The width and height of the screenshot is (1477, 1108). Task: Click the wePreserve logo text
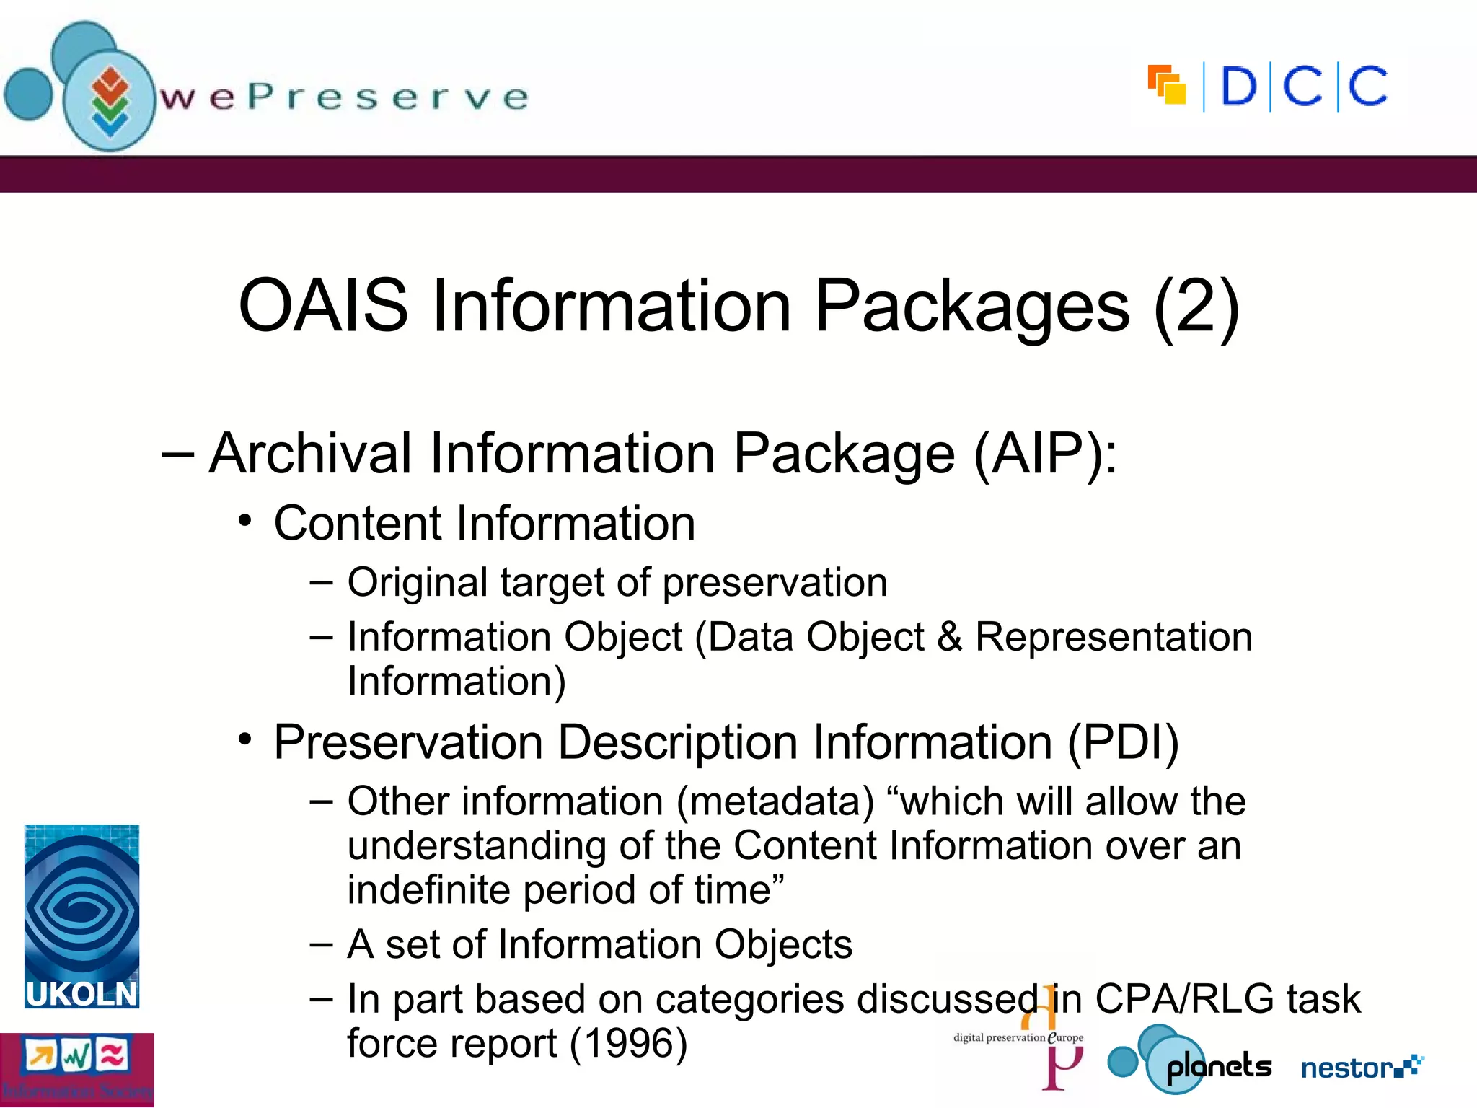344,97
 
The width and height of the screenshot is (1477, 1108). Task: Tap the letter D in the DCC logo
1238,87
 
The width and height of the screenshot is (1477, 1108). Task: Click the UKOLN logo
81,916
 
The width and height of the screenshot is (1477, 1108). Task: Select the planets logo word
1219,1066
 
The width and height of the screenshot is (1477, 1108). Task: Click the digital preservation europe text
1018,1037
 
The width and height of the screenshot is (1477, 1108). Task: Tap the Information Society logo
76,1070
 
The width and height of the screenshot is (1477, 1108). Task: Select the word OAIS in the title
322,306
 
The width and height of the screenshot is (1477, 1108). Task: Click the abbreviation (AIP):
1045,453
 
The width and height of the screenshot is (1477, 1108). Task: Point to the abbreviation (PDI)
1123,742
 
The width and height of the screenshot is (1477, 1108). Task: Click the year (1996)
628,1043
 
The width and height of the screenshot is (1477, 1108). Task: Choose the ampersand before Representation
949,637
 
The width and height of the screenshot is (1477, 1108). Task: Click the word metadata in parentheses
775,801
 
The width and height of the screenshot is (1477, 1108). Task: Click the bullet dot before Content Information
245,521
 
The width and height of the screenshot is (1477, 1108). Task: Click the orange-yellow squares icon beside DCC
1167,85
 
